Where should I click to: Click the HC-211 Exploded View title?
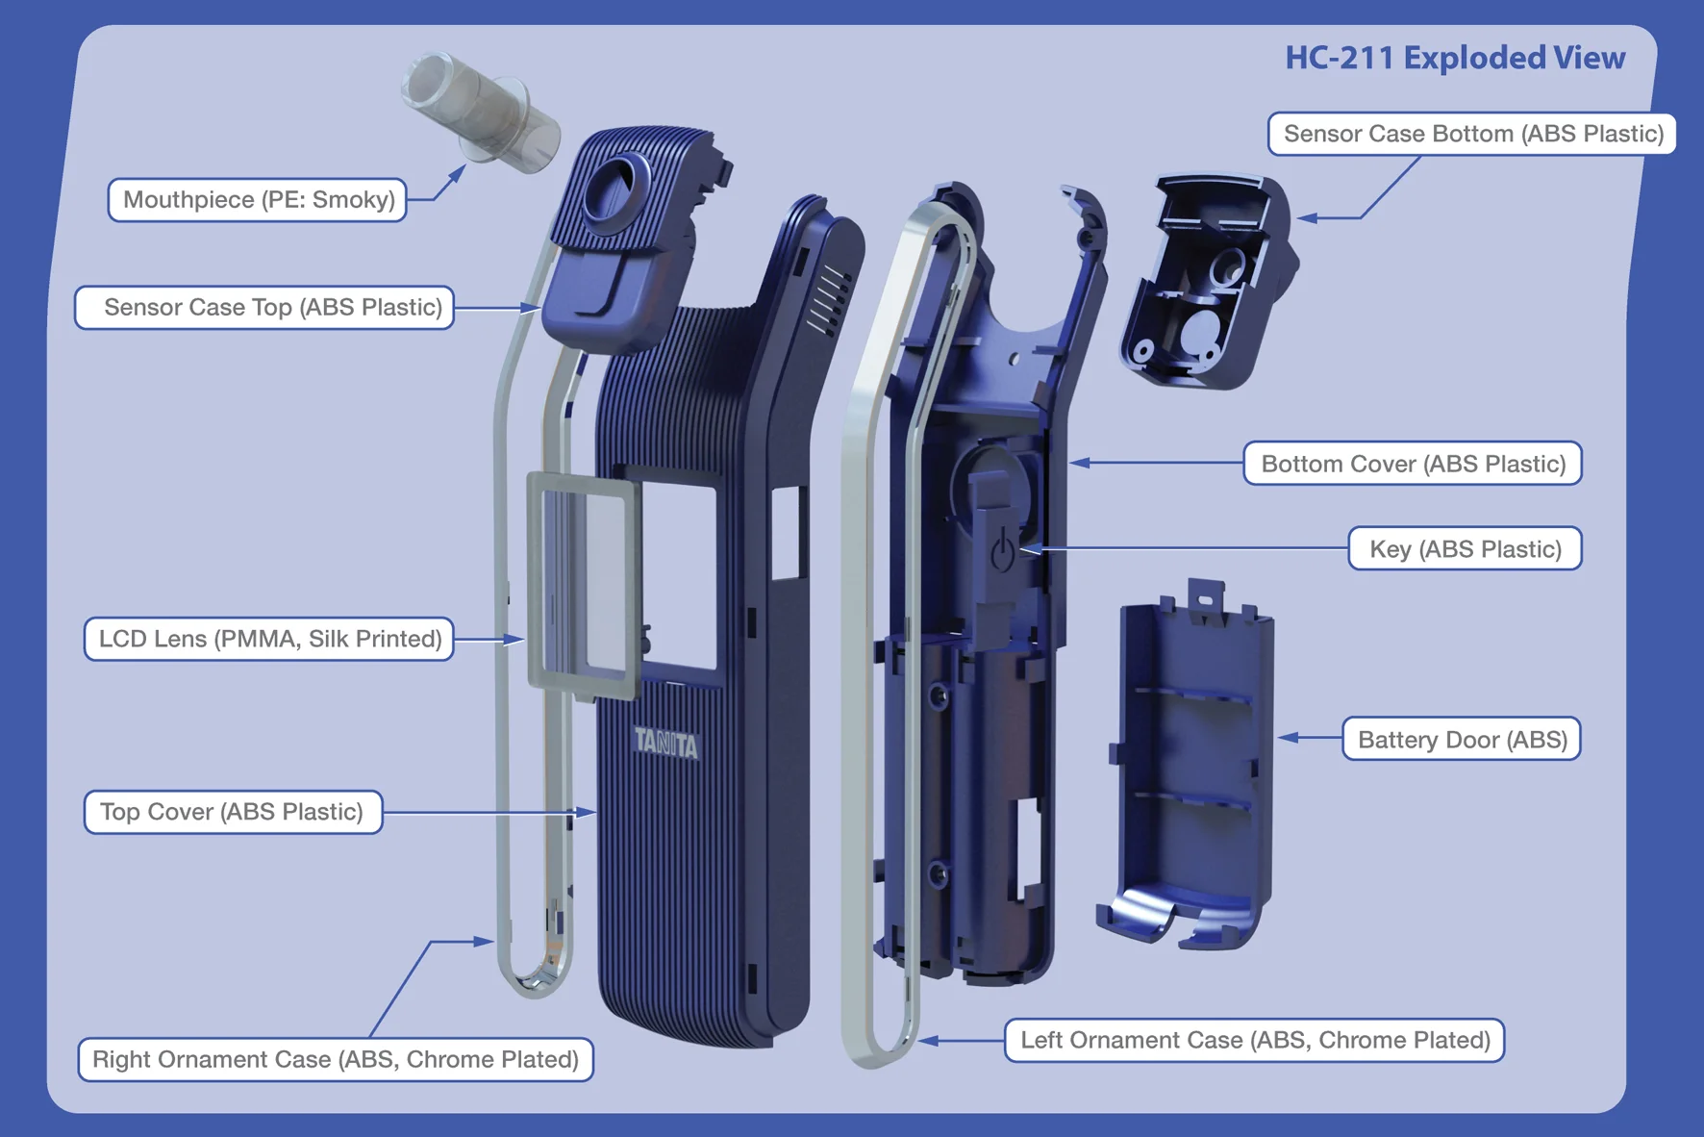pos(1454,59)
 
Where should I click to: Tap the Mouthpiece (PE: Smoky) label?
pos(258,200)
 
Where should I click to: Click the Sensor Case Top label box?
pos(265,308)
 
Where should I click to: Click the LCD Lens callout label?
pos(269,640)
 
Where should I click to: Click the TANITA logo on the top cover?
pos(665,743)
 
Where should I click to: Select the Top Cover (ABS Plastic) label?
pos(233,813)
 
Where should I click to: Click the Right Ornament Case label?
pos(336,1060)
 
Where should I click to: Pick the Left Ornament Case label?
pos(1254,1041)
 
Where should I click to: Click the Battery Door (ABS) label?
pos(1461,740)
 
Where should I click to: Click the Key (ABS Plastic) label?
pos(1464,549)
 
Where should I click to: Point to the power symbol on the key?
pos(1002,550)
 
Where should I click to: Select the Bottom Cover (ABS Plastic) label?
pos(1412,465)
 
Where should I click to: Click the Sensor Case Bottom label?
pos(1472,134)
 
